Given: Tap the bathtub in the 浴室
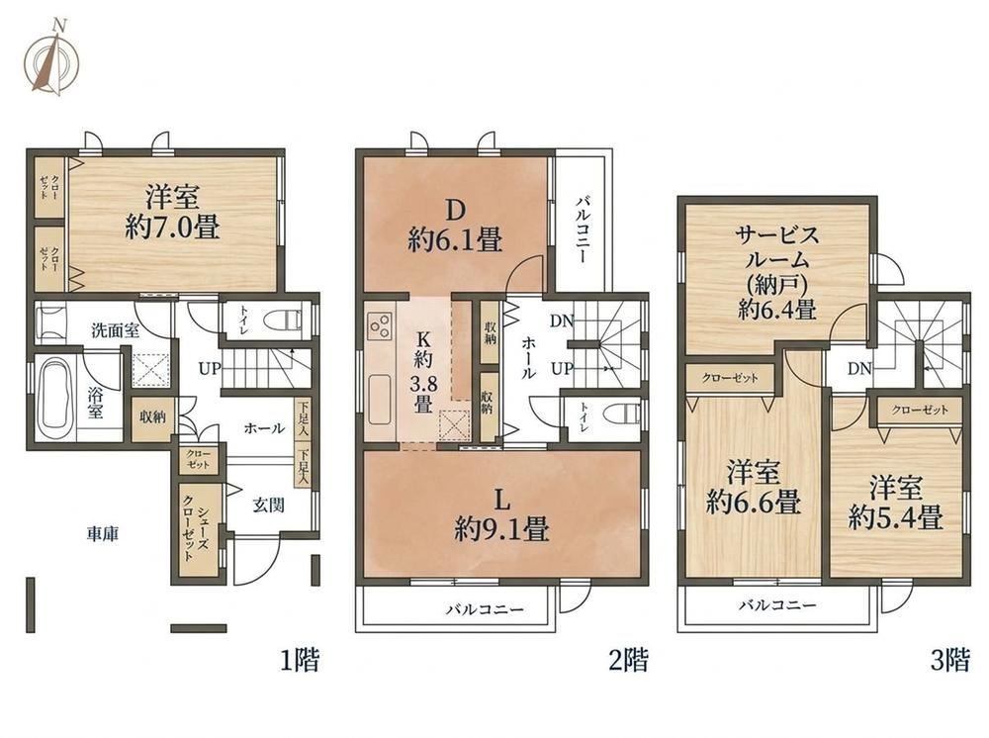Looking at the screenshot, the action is [53, 400].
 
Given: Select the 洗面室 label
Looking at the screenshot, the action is [116, 329].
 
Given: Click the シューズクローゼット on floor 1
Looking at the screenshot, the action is [195, 533].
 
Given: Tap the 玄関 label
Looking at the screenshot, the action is [269, 505].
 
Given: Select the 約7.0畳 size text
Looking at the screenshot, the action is [172, 228].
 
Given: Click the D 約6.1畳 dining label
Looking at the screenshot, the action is [454, 225].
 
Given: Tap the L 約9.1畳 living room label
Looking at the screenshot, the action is [502, 515].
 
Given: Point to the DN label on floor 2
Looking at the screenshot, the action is [562, 322].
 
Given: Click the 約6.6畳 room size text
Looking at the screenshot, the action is [753, 503].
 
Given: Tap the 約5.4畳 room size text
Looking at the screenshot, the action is [896, 517].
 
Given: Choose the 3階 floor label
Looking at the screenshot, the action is [949, 661].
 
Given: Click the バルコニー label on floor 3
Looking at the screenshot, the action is [777, 605].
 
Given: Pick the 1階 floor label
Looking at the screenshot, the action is [300, 661].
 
